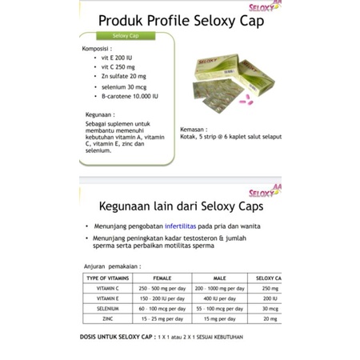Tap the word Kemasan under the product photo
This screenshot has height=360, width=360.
(x=194, y=128)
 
